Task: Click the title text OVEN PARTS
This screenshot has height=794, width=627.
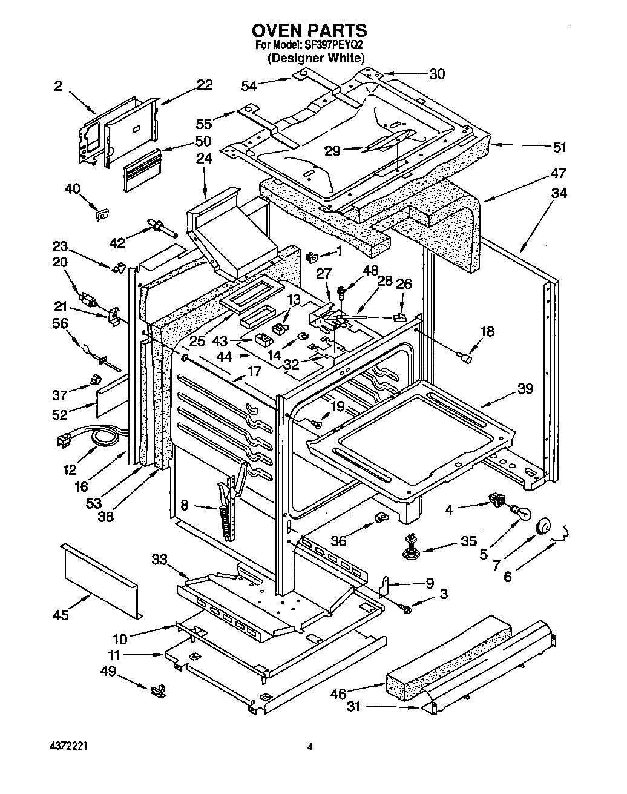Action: click(x=309, y=30)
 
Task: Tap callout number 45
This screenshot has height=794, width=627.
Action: click(x=61, y=615)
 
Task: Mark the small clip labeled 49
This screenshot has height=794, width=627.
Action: click(x=159, y=689)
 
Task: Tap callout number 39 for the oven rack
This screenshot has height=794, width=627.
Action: click(x=525, y=388)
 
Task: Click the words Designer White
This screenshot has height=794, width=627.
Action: click(x=317, y=58)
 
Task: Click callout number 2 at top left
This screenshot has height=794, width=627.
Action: click(x=57, y=86)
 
